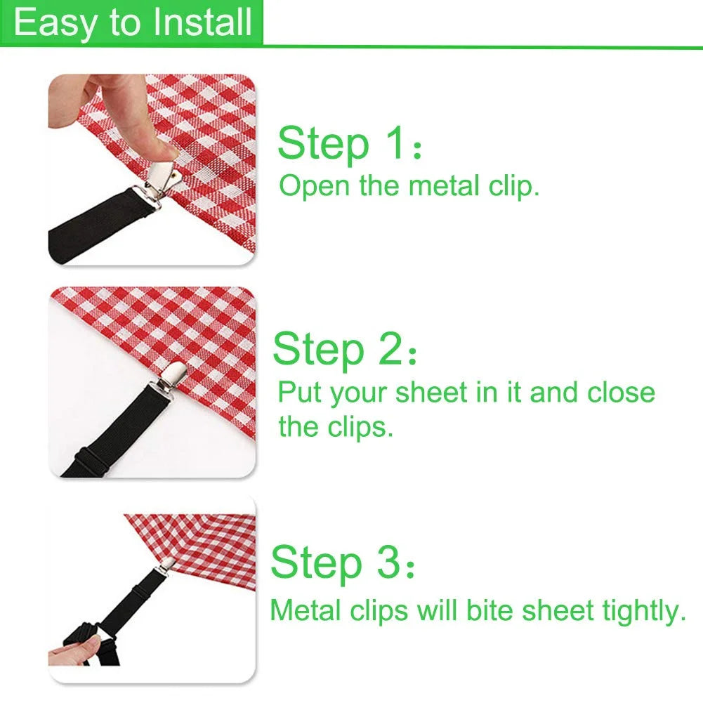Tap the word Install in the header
click(x=203, y=22)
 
